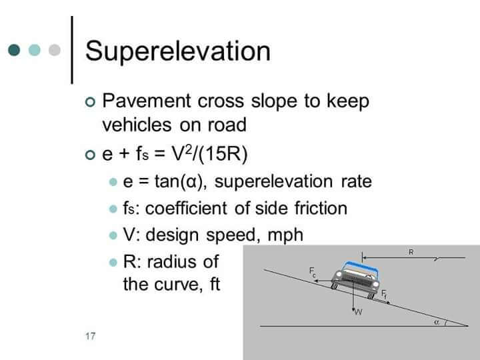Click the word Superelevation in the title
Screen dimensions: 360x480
click(x=178, y=51)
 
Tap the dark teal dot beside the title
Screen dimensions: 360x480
click(x=15, y=50)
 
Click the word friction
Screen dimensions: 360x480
click(x=316, y=209)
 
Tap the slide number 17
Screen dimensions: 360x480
click(x=90, y=336)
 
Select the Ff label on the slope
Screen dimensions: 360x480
click(x=384, y=294)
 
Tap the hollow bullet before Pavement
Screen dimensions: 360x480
click(x=91, y=101)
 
